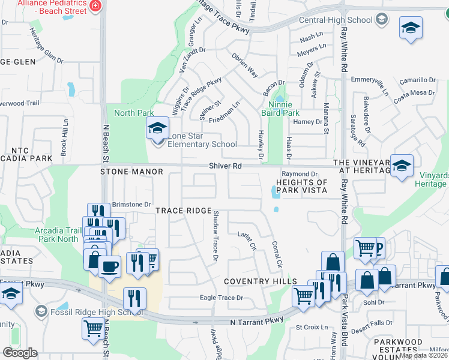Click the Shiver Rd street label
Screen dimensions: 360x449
pyautogui.click(x=224, y=166)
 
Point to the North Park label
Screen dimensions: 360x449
pyautogui.click(x=134, y=113)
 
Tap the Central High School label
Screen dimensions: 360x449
pyautogui.click(x=336, y=20)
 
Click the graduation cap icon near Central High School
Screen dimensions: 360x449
pyautogui.click(x=411, y=28)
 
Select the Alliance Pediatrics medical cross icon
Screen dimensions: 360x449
pyautogui.click(x=94, y=6)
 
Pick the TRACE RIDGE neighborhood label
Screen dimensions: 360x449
pyautogui.click(x=184, y=211)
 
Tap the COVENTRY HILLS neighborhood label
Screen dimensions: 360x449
pyautogui.click(x=261, y=281)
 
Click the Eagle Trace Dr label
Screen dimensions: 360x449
pyautogui.click(x=221, y=298)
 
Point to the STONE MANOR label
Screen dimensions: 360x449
pyautogui.click(x=131, y=172)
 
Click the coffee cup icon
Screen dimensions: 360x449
pyautogui.click(x=109, y=265)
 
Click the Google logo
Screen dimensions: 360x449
pyautogui.click(x=20, y=353)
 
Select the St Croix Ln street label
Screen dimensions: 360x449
pyautogui.click(x=312, y=328)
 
